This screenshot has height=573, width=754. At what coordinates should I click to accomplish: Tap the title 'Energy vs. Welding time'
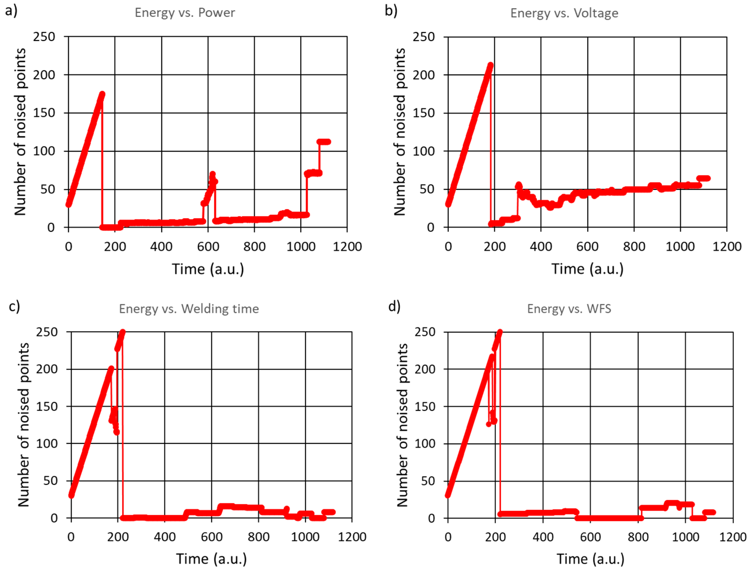coord(189,309)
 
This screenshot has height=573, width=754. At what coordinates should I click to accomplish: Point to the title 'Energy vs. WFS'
coord(569,309)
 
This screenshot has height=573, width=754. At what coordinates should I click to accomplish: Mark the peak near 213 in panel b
coord(491,65)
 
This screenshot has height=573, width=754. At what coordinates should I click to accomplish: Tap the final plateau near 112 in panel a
coord(324,142)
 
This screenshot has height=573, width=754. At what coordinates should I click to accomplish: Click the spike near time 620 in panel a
coord(212,174)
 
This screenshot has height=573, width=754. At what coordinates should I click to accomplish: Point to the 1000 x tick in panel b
coord(680,247)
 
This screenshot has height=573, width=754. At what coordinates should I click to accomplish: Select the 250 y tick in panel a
coord(44,37)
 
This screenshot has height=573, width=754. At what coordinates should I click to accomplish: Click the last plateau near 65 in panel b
coord(703,178)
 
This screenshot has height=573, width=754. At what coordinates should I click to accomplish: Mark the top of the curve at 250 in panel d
coord(500,332)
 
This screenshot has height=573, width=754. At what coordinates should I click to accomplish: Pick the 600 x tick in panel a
coord(208,247)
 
